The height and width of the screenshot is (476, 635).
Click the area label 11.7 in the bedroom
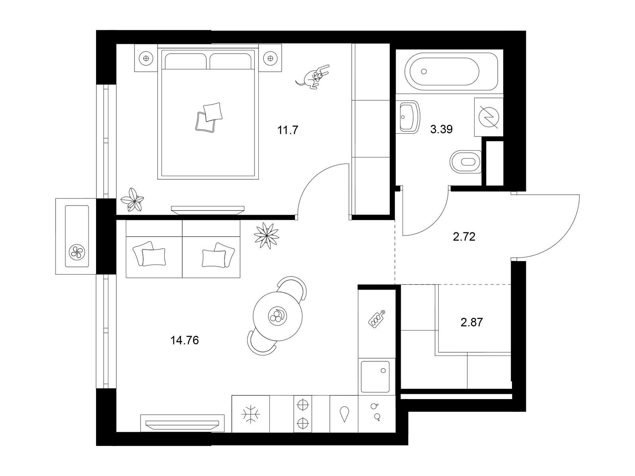288,130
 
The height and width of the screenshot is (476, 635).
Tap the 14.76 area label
185,340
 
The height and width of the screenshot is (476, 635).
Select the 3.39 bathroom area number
441,129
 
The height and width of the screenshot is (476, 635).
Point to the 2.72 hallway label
464,237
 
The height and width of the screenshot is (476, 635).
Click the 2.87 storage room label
472,322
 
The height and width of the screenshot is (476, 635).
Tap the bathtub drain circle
424,71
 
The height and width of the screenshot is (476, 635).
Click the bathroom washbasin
409,117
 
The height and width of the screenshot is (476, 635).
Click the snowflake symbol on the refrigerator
250,415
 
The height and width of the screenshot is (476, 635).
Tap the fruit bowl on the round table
277,315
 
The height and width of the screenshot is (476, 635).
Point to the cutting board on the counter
376,319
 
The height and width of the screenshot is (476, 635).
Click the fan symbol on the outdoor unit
77,252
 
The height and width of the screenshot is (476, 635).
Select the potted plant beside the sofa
266,235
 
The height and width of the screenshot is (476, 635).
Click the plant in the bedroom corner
132,200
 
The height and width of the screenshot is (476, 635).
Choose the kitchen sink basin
375,376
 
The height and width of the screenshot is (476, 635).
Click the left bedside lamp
146,58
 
